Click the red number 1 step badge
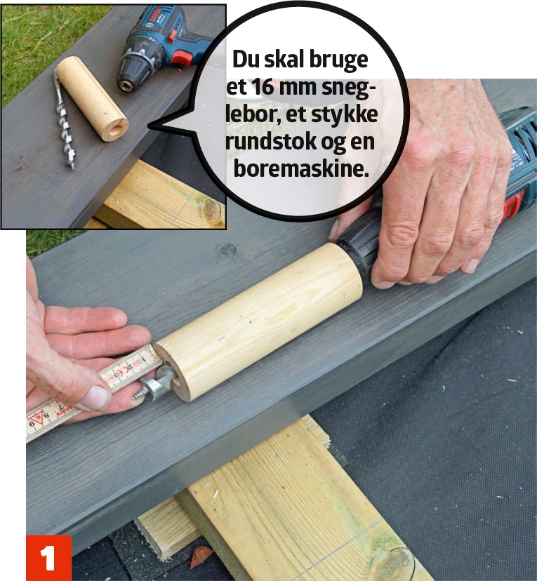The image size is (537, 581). [48, 558]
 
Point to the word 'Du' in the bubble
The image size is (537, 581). [246, 59]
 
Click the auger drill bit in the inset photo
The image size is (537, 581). [63, 119]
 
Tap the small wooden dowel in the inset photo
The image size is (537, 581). [92, 98]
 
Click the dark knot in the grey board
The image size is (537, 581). [228, 249]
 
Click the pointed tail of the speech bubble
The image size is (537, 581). [150, 126]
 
